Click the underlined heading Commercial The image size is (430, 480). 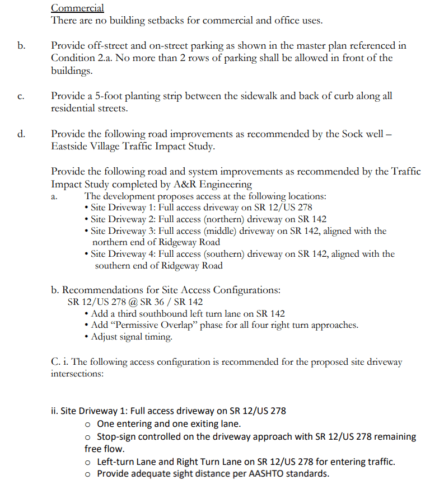point(77,8)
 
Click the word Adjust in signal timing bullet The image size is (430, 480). point(104,337)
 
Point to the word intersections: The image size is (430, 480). point(77,373)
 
